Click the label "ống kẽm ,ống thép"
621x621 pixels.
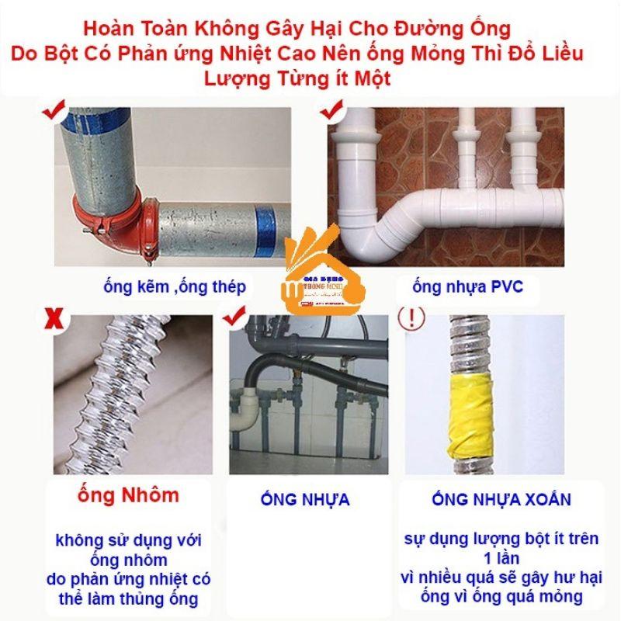point(174,287)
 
